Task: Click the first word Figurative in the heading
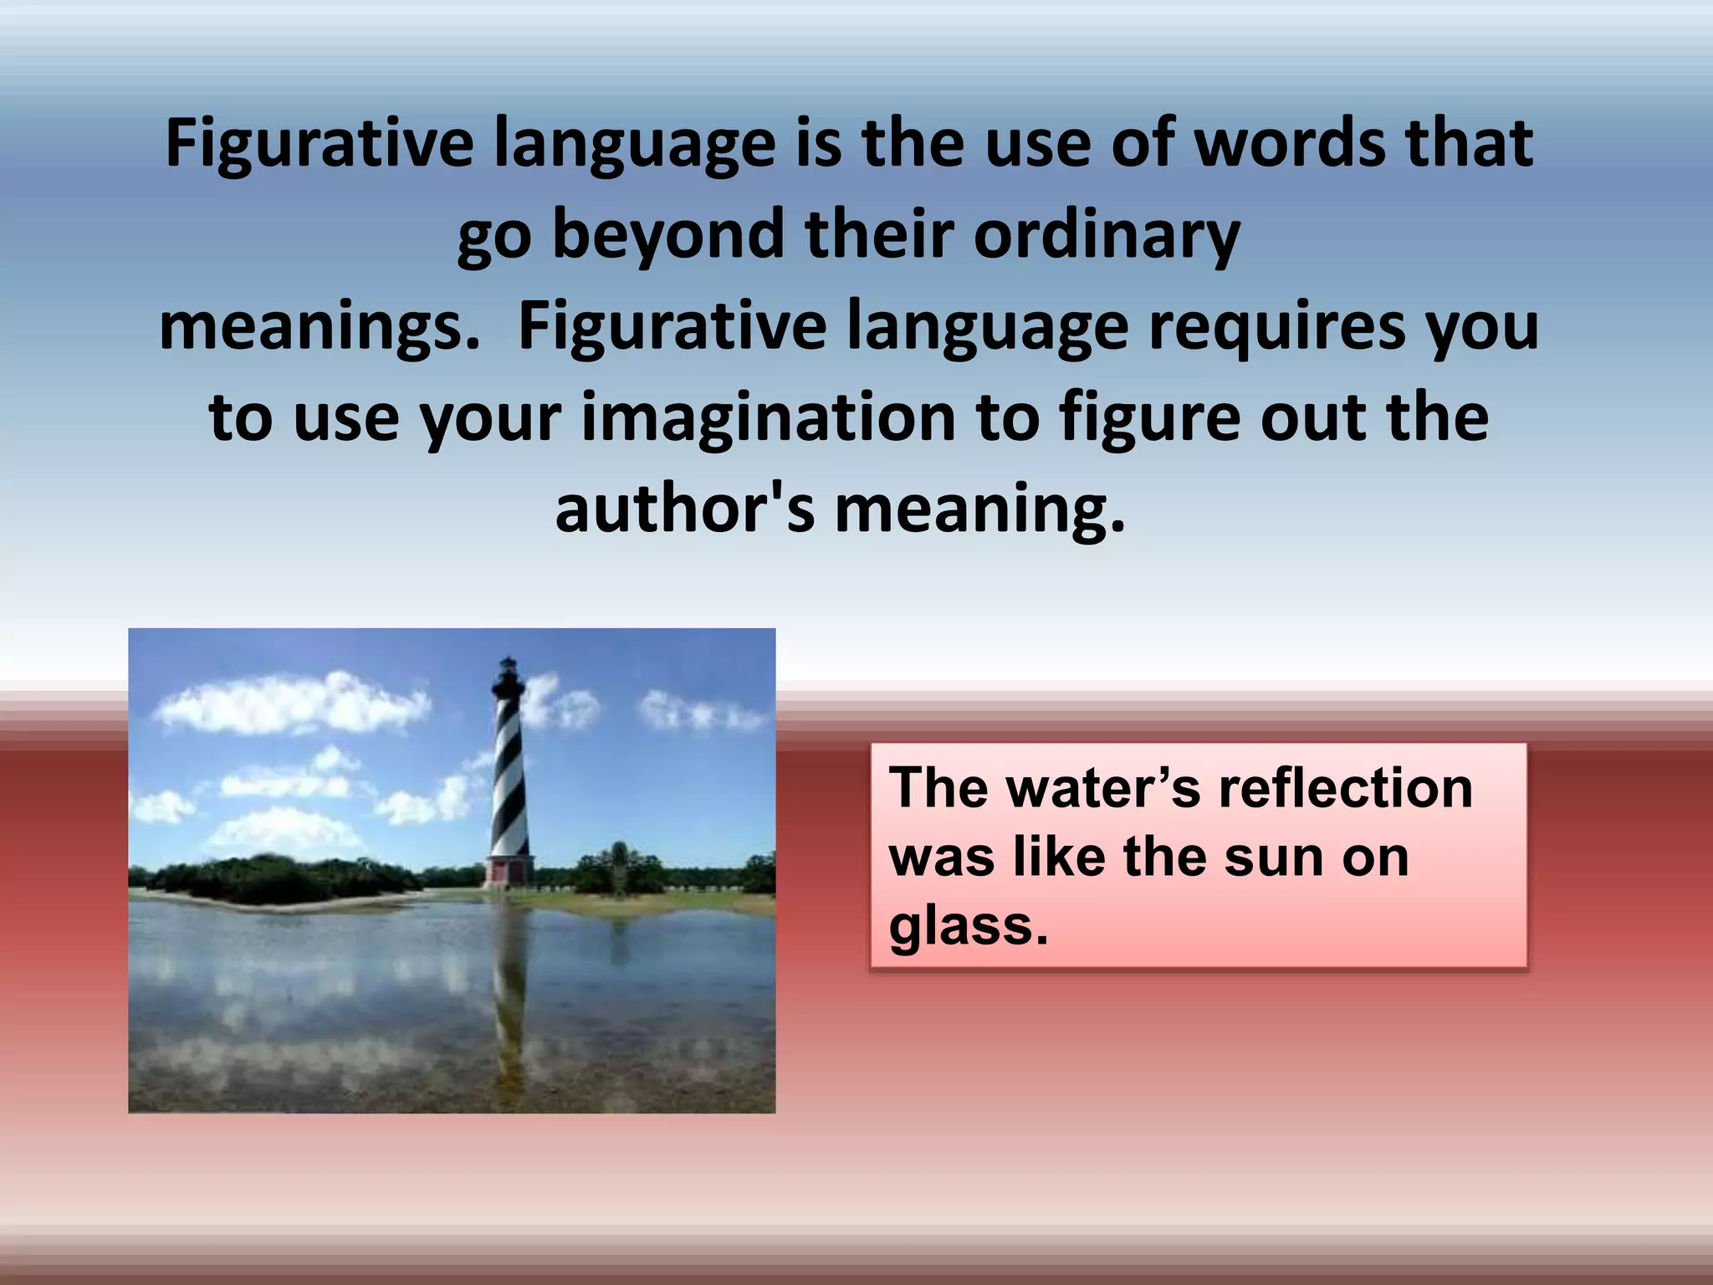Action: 320,145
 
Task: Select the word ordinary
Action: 1107,236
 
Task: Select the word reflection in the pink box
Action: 1344,788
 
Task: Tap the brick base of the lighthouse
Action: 508,871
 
